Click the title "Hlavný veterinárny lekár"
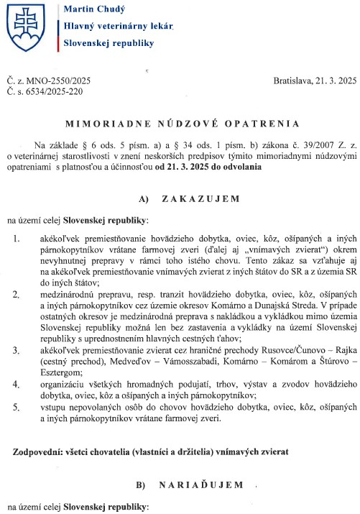tap(119, 26)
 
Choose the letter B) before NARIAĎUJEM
tap(142, 486)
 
